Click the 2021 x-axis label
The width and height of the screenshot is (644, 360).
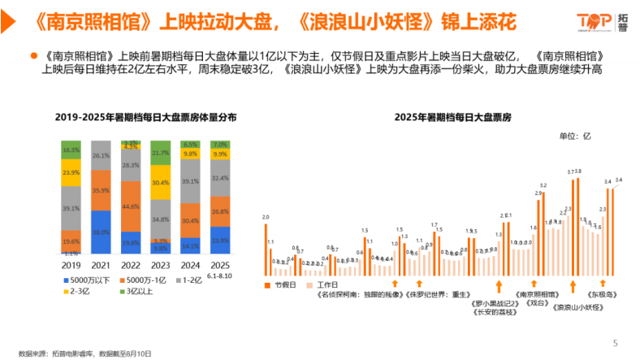[x=101, y=265]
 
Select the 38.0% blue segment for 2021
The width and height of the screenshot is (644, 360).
[x=101, y=232]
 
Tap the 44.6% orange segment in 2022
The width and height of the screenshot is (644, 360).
[x=131, y=206]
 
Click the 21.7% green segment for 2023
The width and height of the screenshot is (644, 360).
[x=161, y=153]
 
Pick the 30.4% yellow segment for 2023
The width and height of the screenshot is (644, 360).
[x=161, y=183]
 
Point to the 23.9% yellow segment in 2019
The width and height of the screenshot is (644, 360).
[x=71, y=172]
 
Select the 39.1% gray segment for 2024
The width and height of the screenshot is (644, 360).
[x=190, y=181]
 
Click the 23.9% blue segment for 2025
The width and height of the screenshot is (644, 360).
[x=220, y=241]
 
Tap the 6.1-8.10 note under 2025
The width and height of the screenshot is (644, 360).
[x=220, y=273]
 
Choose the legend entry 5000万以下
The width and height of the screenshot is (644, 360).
[x=89, y=280]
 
